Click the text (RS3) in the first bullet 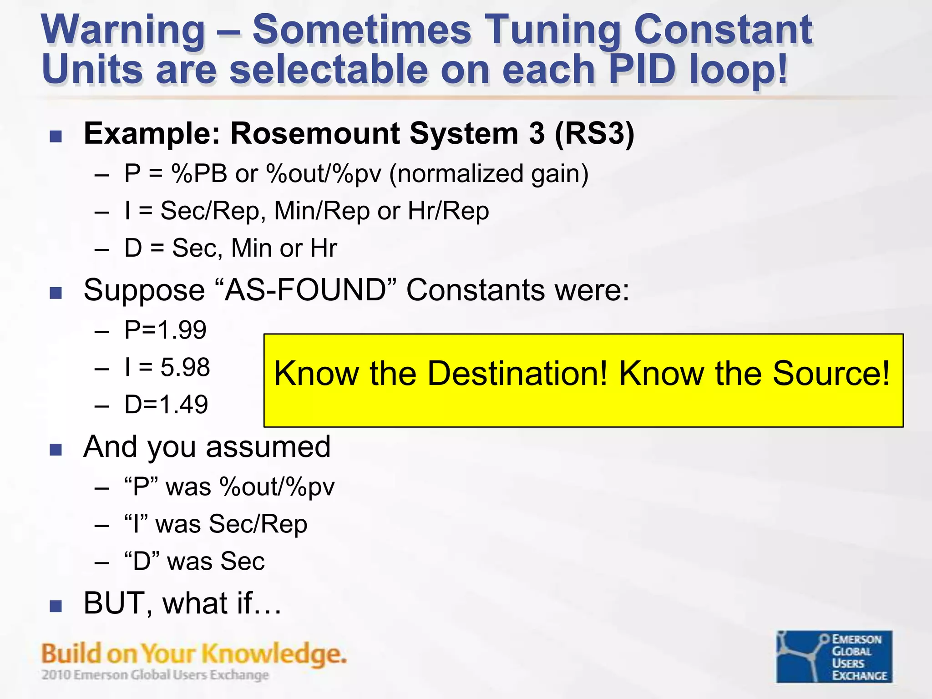tap(594, 134)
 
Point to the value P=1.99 tap(165, 330)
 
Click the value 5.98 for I tap(185, 367)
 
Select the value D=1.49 tap(166, 405)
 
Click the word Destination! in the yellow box tap(517, 374)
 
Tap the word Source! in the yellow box tap(831, 374)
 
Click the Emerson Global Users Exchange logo tap(834, 656)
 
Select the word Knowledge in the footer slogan tap(273, 654)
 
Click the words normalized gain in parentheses tap(489, 174)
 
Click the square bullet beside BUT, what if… tap(56, 606)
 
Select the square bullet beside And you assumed tap(56, 450)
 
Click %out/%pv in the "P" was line tap(277, 487)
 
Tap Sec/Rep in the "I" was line tap(258, 524)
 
